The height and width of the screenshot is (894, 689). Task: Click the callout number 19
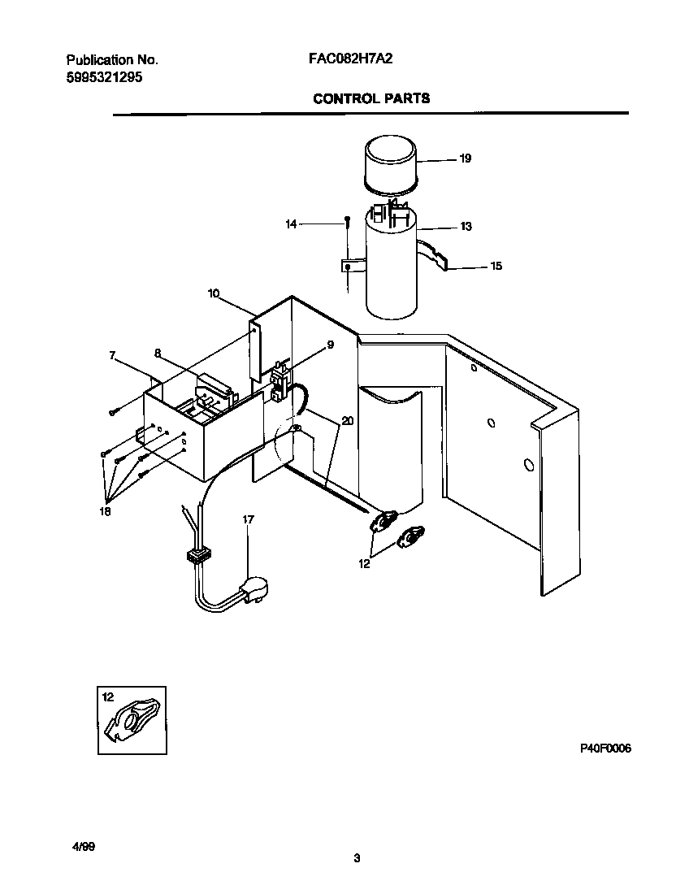pos(465,158)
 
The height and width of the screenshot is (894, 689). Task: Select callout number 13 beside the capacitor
pos(466,227)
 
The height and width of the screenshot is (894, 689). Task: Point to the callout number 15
pos(496,266)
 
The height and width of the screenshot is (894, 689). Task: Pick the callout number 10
pos(214,293)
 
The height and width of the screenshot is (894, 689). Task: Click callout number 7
pos(112,355)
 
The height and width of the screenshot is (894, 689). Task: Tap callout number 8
pos(158,353)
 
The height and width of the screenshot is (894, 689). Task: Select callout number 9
pos(331,345)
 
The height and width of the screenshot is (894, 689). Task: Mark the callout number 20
pos(348,421)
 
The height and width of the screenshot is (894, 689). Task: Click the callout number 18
pos(104,511)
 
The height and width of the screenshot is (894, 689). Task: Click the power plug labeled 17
pos(253,588)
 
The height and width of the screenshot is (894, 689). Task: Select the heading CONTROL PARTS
pos(371,99)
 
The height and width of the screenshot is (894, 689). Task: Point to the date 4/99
pos(84,846)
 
